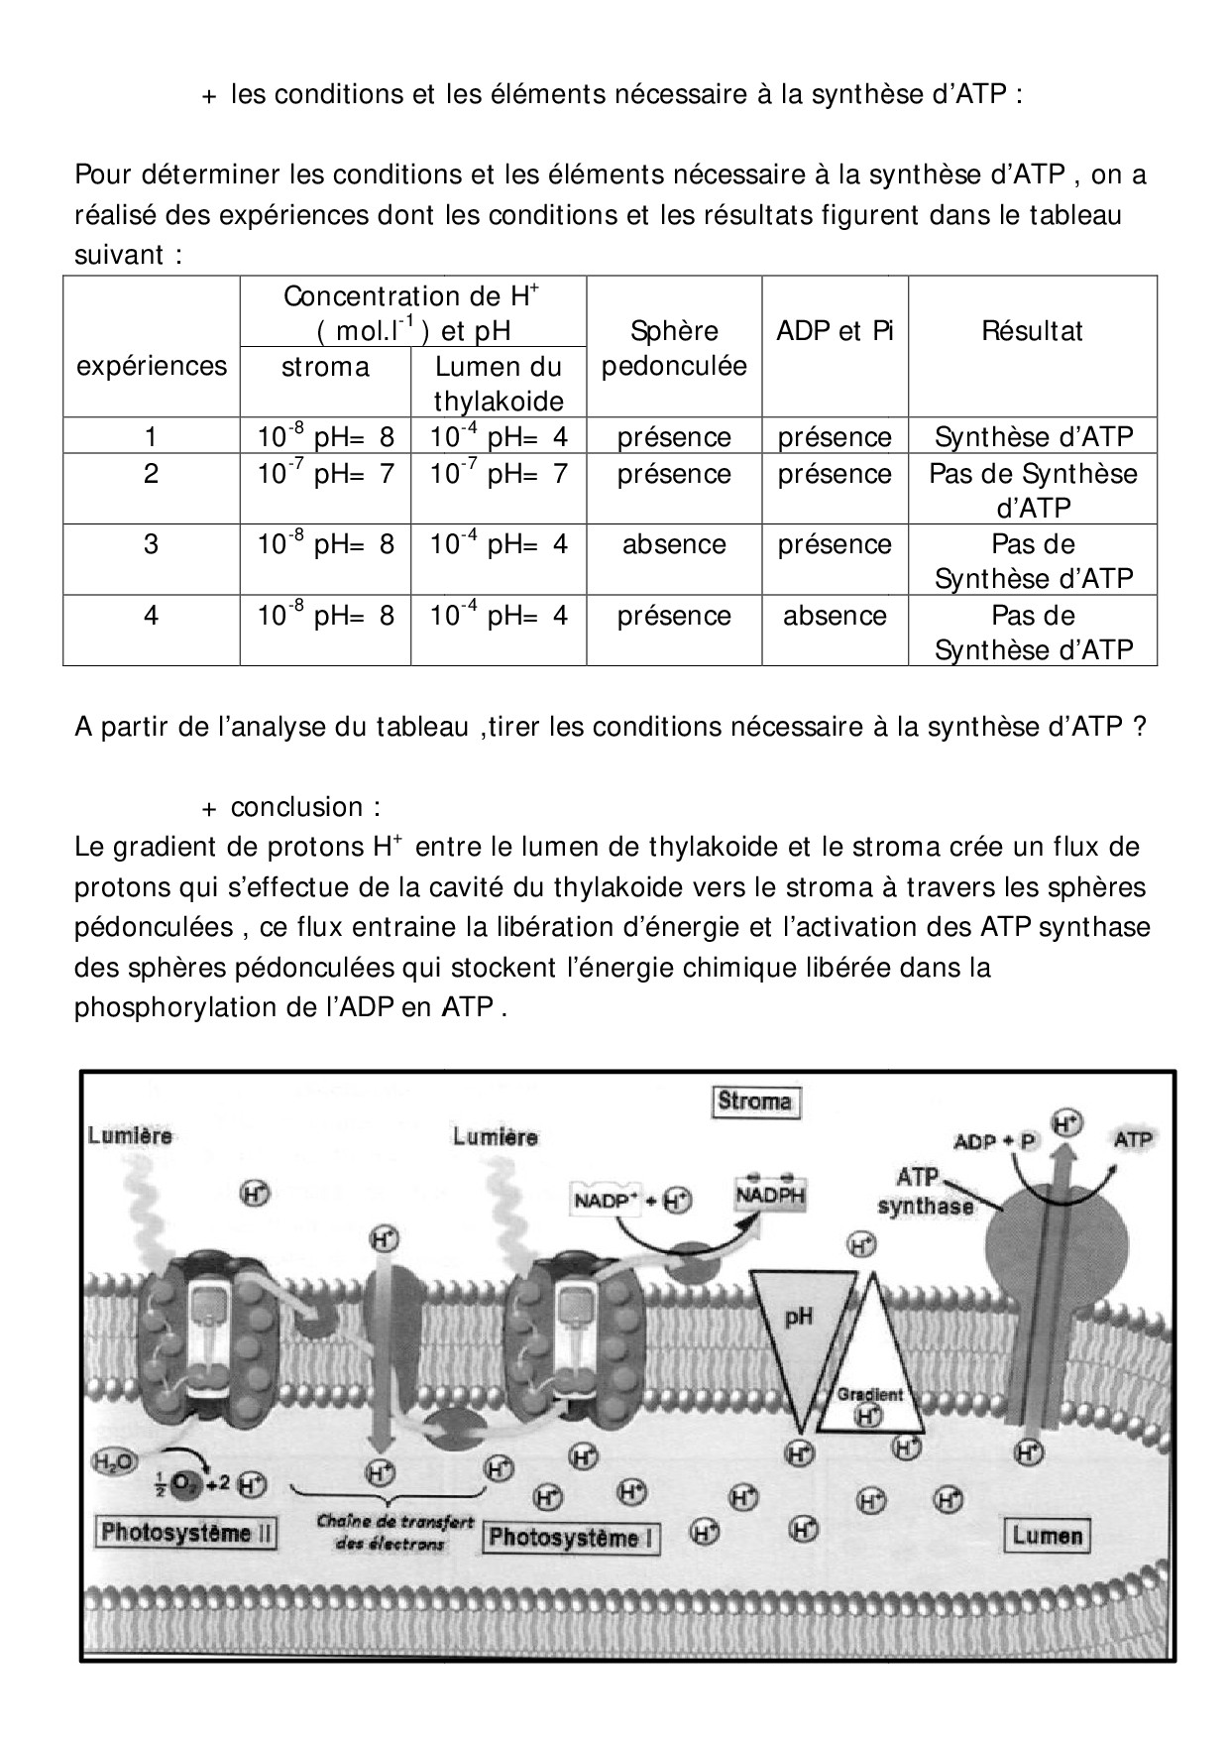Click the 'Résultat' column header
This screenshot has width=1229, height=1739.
coord(1032,331)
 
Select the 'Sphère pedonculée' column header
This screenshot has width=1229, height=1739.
coord(674,348)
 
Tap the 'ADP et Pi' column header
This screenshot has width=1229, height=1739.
coord(835,331)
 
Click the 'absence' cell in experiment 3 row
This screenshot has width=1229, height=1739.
coord(674,544)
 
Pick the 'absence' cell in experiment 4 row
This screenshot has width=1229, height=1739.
coord(835,616)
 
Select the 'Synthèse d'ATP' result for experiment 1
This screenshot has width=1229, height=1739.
coord(1033,437)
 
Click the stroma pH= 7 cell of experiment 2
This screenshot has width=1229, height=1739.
coord(325,474)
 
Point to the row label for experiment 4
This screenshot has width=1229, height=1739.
coord(151,616)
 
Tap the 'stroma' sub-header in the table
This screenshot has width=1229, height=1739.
coord(325,367)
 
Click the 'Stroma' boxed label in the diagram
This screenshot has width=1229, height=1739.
coord(755,1101)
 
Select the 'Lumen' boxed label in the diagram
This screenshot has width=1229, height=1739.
coord(1047,1536)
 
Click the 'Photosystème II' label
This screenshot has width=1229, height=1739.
coord(186,1533)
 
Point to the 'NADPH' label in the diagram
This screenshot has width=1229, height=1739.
coord(770,1195)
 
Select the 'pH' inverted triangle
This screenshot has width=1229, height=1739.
coord(799,1329)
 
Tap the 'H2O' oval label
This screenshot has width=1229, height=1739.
coord(115,1461)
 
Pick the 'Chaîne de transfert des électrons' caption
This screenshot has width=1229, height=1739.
coord(394,1533)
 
